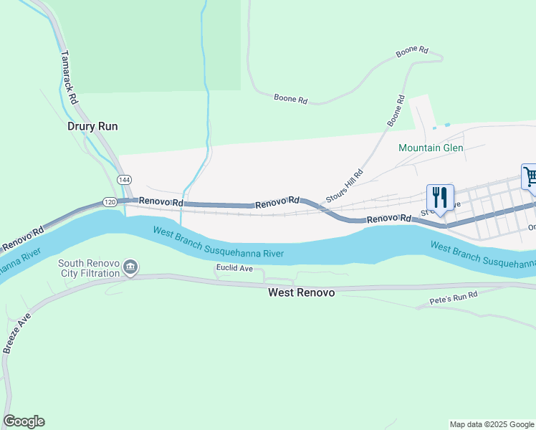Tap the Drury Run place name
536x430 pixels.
click(92, 126)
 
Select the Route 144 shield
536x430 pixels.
click(124, 180)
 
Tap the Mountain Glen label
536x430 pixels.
click(431, 148)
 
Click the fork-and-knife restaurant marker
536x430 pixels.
click(440, 197)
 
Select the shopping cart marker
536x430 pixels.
click(530, 178)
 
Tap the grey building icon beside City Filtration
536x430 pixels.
click(130, 268)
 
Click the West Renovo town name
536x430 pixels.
click(301, 292)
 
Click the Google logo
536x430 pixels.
click(24, 421)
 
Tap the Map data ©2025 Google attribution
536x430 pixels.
click(491, 424)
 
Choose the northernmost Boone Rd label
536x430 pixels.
click(412, 52)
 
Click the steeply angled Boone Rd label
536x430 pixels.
click(396, 111)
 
